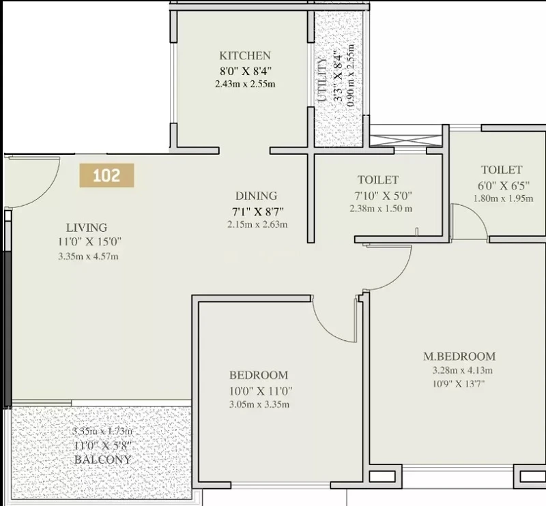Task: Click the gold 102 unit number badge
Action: coord(106,175)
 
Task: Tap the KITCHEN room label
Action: coord(245,56)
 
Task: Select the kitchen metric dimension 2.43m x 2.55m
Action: coord(245,84)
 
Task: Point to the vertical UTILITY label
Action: coord(322,79)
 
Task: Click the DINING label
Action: coord(257,196)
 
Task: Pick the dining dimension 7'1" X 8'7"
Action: coord(258,211)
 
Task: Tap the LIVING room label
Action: coord(87,228)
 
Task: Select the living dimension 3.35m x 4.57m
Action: coord(88,257)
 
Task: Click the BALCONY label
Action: coord(103,460)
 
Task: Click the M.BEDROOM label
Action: coord(459,357)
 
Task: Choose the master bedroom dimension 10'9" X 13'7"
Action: coord(459,384)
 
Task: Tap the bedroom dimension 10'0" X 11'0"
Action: coord(261,391)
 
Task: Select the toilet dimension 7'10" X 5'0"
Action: coord(383,196)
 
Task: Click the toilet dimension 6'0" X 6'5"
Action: coord(504,185)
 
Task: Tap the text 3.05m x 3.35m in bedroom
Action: coord(259,404)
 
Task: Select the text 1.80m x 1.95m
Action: coord(503,198)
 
